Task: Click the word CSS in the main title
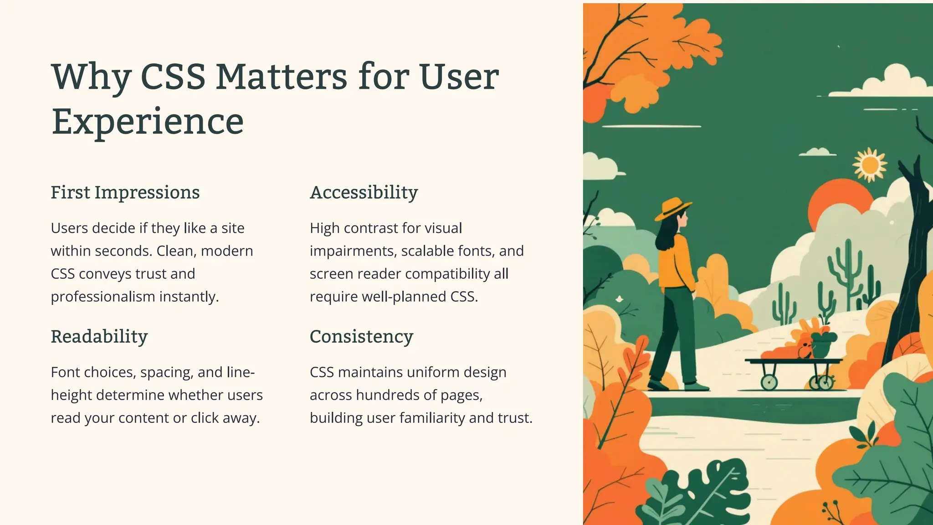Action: [x=173, y=77]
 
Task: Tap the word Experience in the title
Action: [x=148, y=122]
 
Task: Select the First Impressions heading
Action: [x=125, y=192]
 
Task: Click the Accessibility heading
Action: [x=364, y=192]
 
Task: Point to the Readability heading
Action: [x=99, y=337]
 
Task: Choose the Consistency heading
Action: [x=361, y=337]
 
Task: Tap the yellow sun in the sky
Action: [x=870, y=165]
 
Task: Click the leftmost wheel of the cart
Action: [x=769, y=382]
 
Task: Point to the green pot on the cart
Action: [x=821, y=346]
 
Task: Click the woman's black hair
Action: [x=666, y=235]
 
